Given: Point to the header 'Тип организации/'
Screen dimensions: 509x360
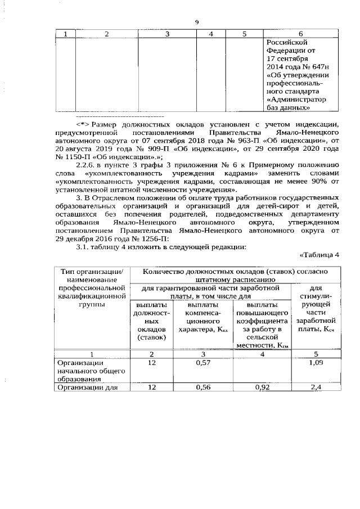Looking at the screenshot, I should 91,271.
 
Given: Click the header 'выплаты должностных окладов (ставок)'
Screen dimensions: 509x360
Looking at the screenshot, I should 150,321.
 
